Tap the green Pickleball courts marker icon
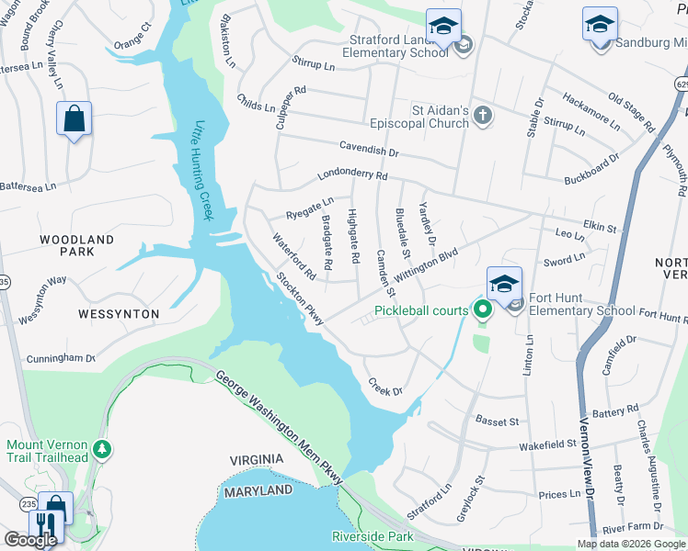tap(480, 309)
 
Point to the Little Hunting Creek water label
tap(202, 171)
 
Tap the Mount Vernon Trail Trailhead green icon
tap(104, 447)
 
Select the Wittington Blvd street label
tap(426, 268)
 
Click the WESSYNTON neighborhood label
tap(119, 314)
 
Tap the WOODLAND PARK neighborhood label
tap(76, 245)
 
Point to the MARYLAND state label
tap(258, 491)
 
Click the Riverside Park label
tap(373, 536)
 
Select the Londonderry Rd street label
tap(352, 175)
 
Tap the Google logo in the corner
tap(30, 539)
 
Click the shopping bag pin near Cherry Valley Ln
tap(74, 119)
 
